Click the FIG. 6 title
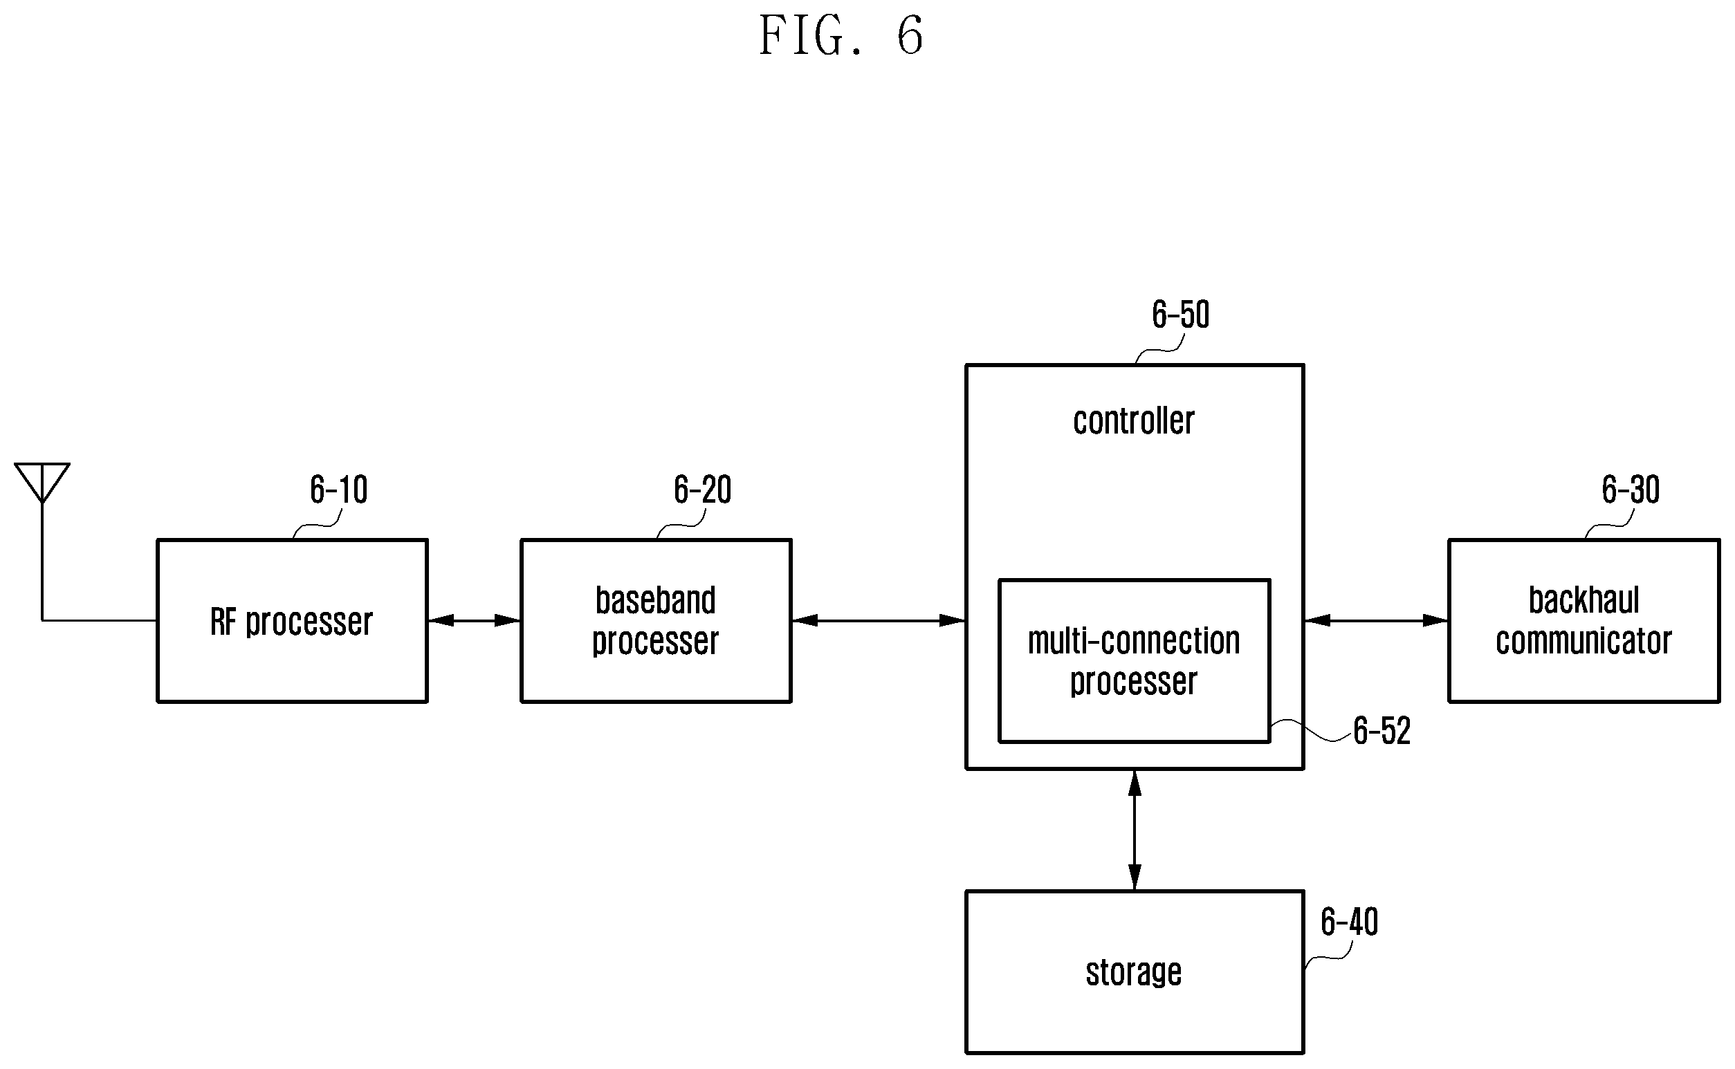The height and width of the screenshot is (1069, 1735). (841, 35)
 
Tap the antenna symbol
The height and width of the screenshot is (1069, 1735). (42, 483)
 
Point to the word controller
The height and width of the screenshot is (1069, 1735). (1134, 420)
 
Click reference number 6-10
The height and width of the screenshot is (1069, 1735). (339, 490)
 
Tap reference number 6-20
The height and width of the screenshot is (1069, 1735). (702, 490)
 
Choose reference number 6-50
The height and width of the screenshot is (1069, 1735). (1180, 314)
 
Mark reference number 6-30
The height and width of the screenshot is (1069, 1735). (1631, 490)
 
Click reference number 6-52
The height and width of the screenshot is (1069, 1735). (1382, 730)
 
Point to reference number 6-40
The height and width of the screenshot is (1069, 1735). (1350, 922)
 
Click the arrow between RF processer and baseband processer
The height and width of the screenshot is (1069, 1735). (474, 621)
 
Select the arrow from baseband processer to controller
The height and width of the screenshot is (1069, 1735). (879, 621)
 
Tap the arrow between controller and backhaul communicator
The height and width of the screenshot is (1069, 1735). (1376, 621)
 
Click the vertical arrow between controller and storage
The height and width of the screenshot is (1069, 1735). (1135, 830)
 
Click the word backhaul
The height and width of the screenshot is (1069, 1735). (1583, 600)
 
